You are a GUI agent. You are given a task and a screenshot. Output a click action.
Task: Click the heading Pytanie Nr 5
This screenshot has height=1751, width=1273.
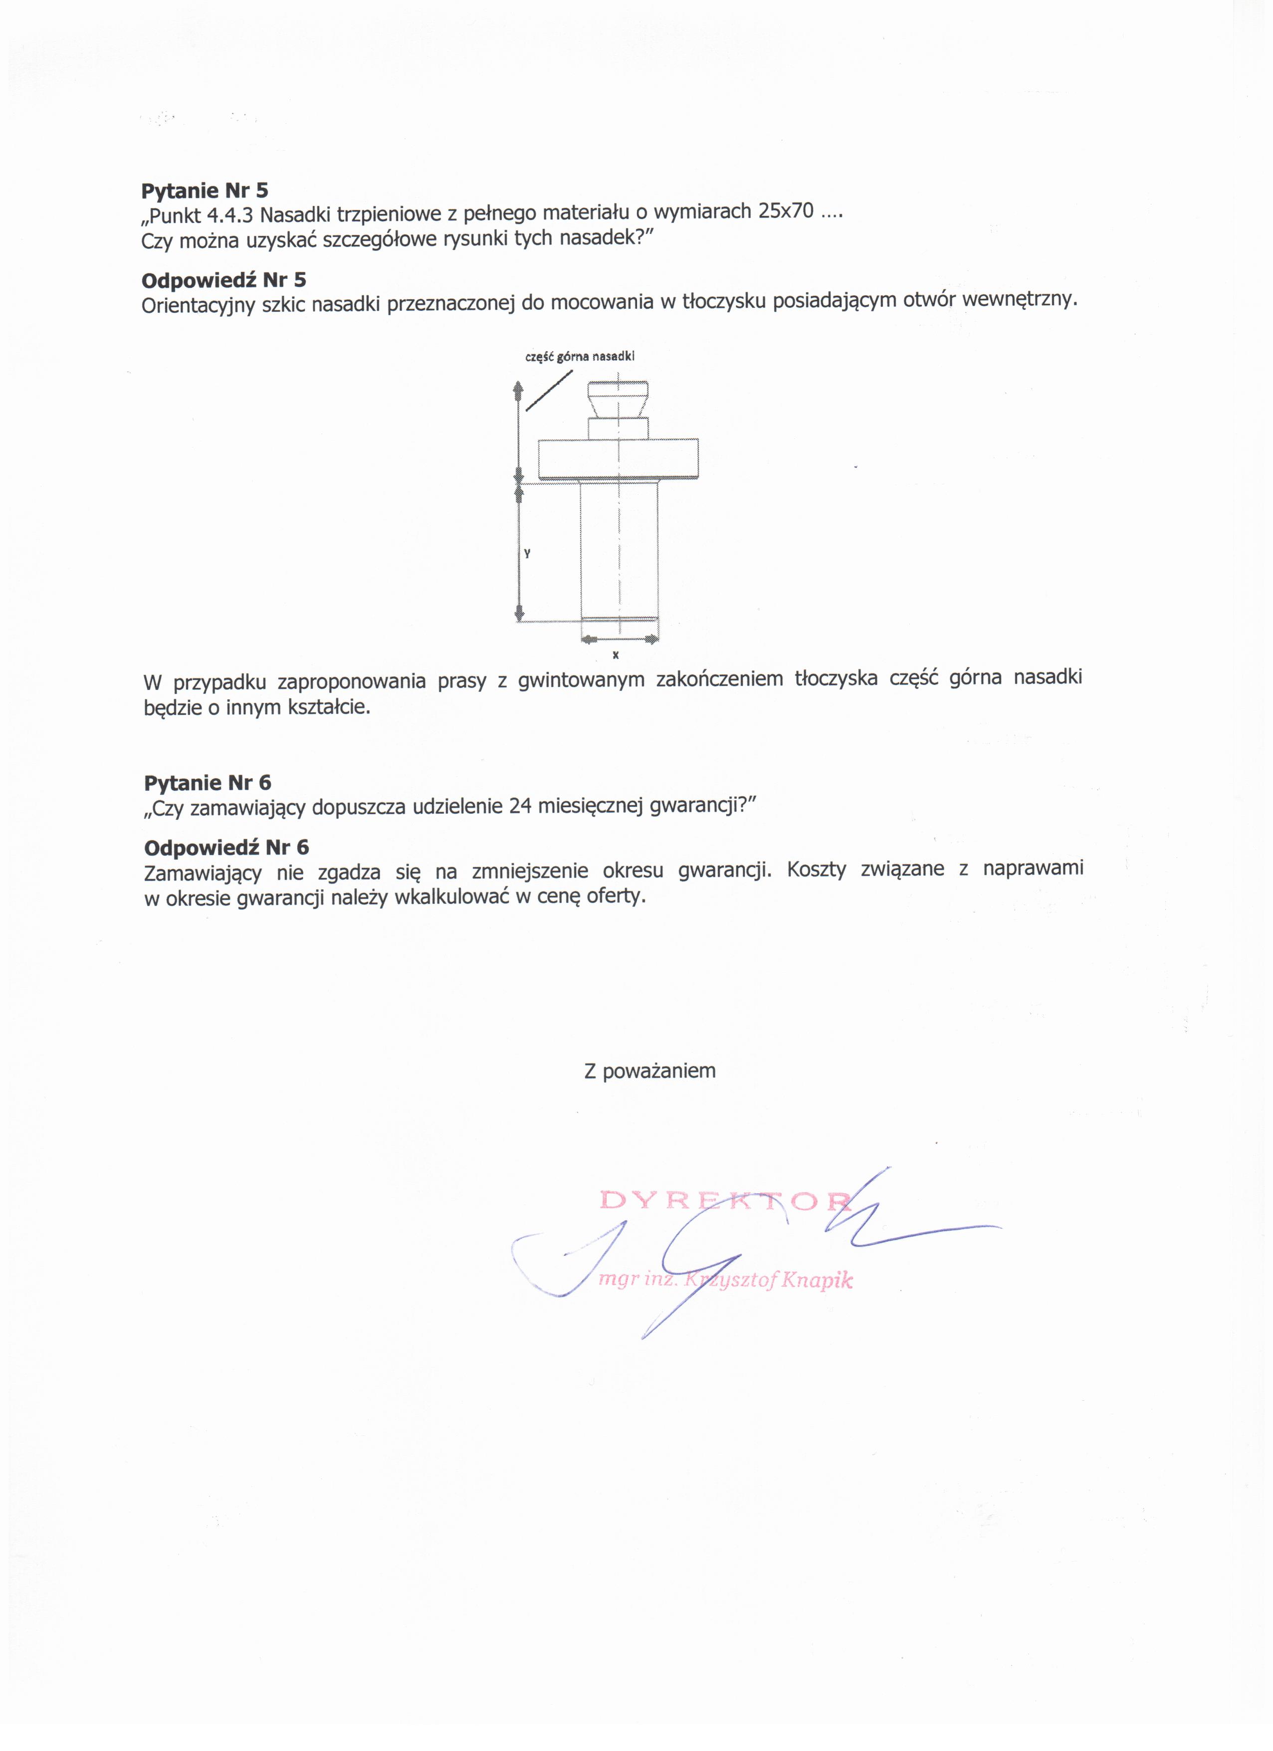205,190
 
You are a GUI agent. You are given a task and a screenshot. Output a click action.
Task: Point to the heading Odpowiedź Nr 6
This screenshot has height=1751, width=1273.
226,847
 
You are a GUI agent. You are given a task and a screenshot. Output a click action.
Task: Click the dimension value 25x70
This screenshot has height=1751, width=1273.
786,212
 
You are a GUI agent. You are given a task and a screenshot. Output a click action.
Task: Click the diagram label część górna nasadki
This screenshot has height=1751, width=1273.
579,356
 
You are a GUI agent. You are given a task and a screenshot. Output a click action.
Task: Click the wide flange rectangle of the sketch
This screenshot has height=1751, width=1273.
618,458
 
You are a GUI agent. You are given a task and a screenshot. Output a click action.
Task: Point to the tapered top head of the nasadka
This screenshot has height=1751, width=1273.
617,399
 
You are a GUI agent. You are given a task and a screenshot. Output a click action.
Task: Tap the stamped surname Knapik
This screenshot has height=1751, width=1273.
817,1280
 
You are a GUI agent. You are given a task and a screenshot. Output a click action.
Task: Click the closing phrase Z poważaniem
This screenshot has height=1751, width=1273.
649,1071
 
